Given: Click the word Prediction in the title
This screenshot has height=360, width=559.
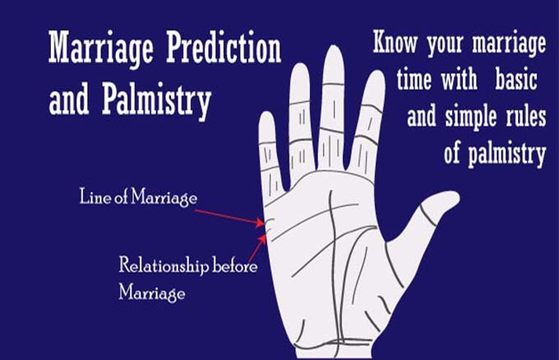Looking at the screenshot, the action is click(224, 48).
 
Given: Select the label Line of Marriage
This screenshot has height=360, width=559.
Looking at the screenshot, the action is click(138, 196).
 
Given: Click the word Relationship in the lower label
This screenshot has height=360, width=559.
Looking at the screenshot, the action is click(164, 266).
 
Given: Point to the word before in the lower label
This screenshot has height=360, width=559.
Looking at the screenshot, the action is click(234, 265).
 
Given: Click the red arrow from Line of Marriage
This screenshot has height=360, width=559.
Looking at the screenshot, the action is click(229, 217).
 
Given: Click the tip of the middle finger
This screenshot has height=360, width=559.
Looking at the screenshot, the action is click(334, 46).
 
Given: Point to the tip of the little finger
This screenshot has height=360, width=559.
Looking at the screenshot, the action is click(266, 113).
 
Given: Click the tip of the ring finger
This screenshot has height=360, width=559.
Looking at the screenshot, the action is click(299, 65).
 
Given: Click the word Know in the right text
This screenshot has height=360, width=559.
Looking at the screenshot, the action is click(395, 41).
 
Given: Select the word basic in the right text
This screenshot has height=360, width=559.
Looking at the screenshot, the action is click(516, 79).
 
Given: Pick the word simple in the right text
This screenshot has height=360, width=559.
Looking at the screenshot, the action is click(470, 117).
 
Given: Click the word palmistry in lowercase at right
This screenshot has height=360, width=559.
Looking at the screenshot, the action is click(507, 154).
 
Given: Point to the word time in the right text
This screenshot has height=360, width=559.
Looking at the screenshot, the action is click(413, 79).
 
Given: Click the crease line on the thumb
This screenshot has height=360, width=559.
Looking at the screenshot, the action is click(427, 215).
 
